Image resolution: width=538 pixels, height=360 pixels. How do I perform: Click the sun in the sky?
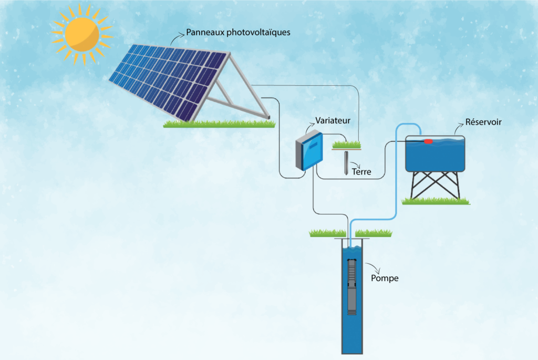click(82, 34)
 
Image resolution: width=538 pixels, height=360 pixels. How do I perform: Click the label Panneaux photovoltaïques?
click(238, 33)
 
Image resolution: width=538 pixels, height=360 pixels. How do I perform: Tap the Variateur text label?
click(333, 120)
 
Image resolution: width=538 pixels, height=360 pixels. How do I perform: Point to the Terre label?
click(361, 171)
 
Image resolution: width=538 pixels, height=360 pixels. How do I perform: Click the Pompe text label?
click(385, 278)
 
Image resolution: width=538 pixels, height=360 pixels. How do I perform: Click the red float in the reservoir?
click(428, 141)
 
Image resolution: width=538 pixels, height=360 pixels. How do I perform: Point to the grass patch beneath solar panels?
click(218, 124)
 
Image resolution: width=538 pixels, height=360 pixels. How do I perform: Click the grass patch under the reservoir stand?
click(435, 201)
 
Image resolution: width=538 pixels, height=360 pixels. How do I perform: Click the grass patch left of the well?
click(328, 233)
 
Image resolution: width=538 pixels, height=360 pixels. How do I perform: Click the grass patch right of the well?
click(374, 233)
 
